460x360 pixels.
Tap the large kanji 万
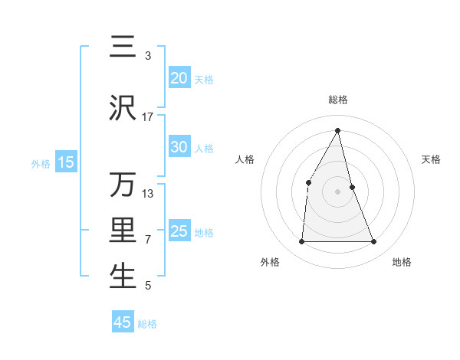click(123, 185)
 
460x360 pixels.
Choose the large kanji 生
click(123, 277)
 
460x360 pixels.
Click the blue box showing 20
click(179, 78)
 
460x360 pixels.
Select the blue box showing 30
click(179, 147)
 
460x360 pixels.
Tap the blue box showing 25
click(179, 231)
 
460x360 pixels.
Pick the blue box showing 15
click(66, 162)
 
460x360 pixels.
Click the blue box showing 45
click(123, 322)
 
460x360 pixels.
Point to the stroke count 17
click(148, 117)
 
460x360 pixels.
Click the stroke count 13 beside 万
click(148, 193)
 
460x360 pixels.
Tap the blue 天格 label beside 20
click(204, 79)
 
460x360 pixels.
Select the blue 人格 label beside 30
click(204, 148)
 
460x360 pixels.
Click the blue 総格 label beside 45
click(147, 323)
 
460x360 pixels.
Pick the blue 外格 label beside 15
click(41, 163)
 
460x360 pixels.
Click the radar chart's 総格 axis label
click(337, 100)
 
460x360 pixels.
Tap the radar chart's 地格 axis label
click(402, 262)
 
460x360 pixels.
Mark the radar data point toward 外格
click(301, 242)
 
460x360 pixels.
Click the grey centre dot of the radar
click(337, 191)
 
